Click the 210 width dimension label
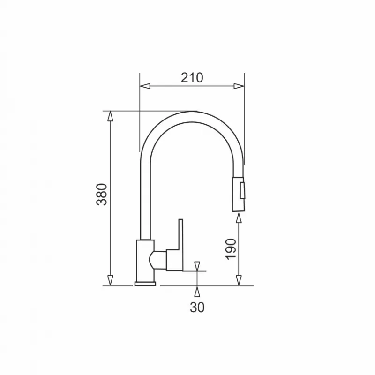point(192,78)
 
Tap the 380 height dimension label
point(102,195)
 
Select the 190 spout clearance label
point(231,249)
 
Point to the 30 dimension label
point(197,307)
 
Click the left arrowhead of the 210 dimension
point(145,86)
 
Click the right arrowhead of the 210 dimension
point(239,86)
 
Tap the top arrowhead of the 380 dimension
point(110,116)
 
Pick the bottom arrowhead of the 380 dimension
point(110,280)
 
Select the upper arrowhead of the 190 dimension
point(239,218)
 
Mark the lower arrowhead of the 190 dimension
point(239,280)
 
